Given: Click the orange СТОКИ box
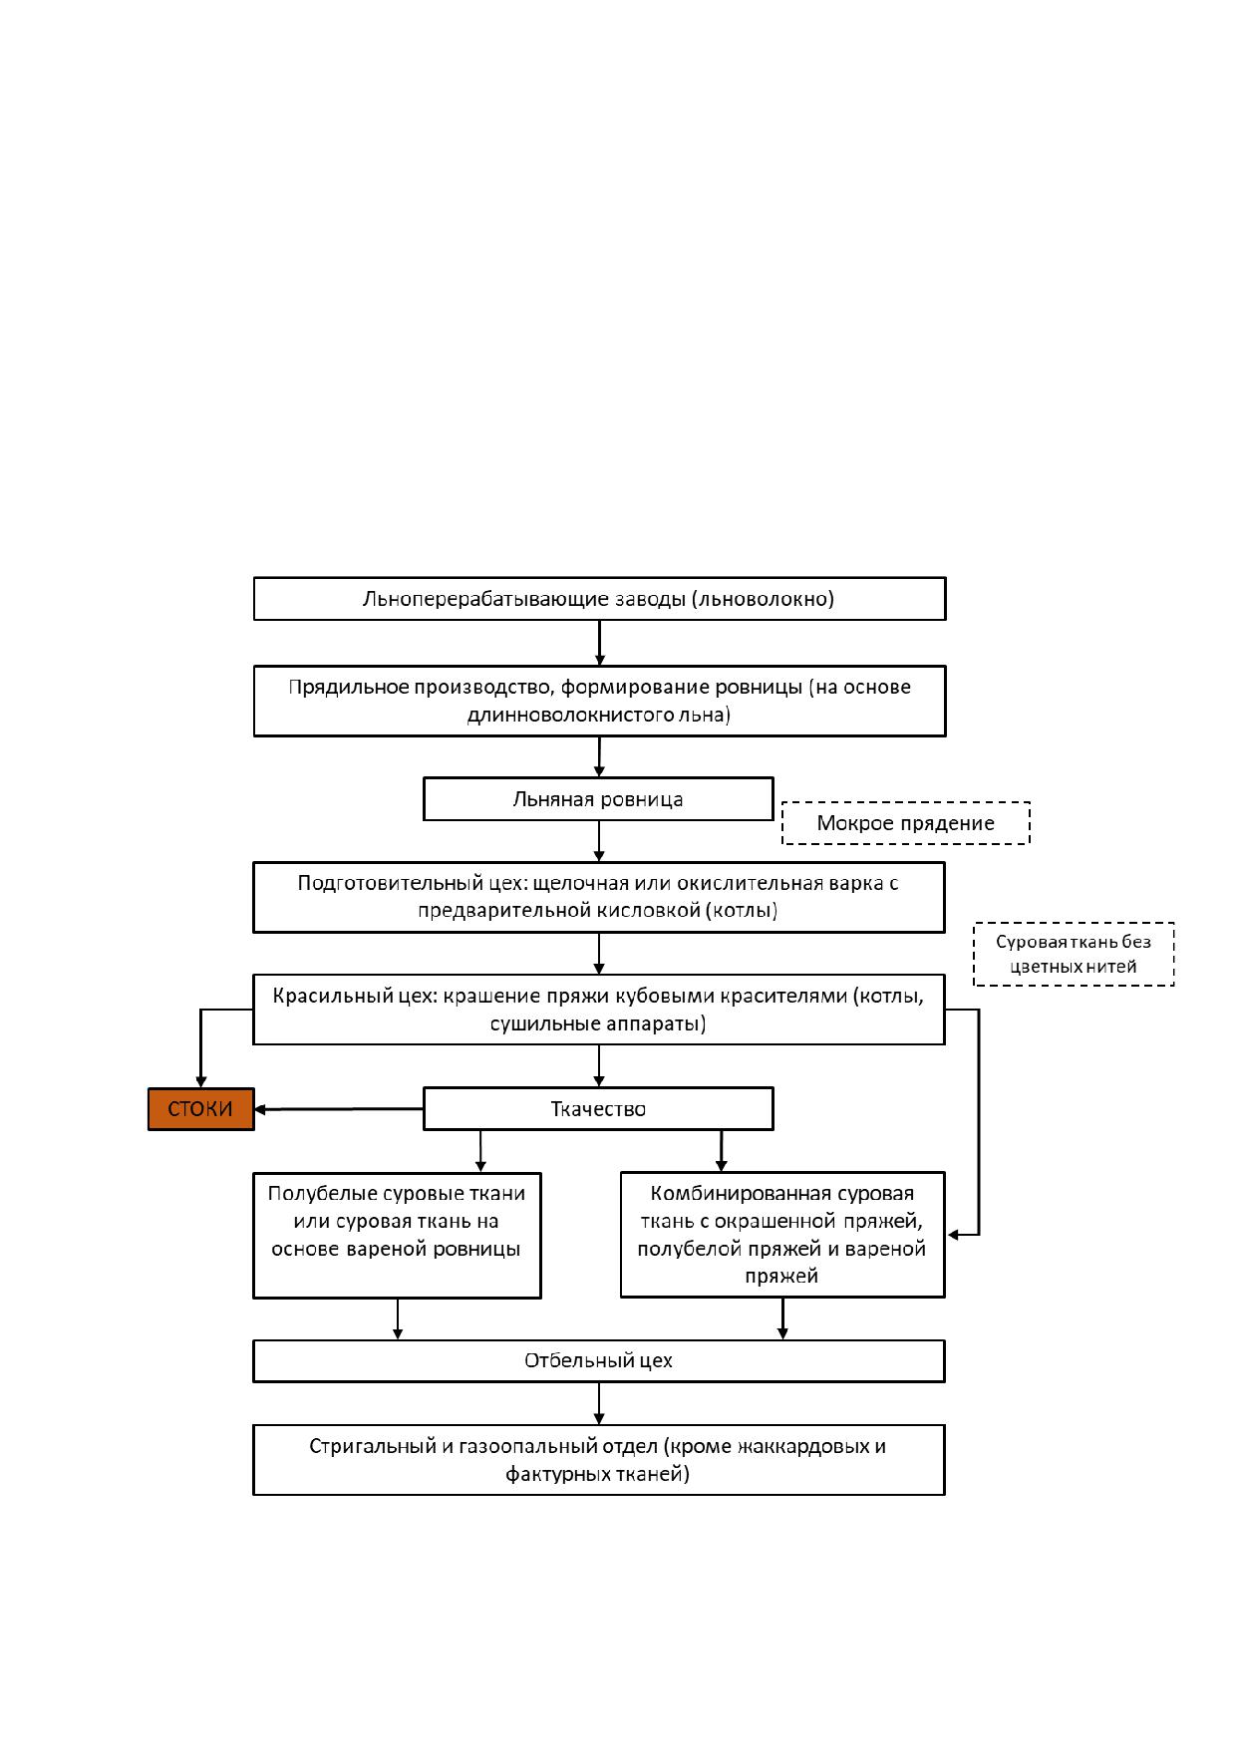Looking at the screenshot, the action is pos(201,1109).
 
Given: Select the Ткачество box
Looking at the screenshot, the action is pos(598,1109).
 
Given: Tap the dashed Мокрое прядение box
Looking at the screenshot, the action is pos(906,823).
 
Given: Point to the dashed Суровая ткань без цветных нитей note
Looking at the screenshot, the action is pos(1074,954).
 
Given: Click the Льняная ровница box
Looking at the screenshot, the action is pos(598,799).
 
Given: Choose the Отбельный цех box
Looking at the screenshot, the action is pos(598,1360).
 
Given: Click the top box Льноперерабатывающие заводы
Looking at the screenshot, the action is pos(599,599).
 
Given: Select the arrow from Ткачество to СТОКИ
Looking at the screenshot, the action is pos(339,1109).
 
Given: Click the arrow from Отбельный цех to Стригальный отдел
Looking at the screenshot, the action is pos(599,1403).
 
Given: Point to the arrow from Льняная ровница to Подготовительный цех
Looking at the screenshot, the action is pos(599,842).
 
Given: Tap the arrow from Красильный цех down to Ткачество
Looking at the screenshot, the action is pos(599,1066).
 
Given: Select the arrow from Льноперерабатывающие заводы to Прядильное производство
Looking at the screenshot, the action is pos(600,643).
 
